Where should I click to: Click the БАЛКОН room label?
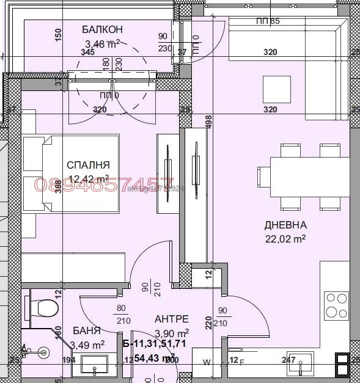(103, 29)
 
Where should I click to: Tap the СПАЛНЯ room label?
(89, 165)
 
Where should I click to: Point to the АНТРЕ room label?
(171, 319)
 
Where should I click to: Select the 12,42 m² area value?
(89, 178)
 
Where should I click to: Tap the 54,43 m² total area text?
(155, 357)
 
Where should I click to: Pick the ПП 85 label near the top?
(268, 22)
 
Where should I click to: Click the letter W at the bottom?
(207, 362)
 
